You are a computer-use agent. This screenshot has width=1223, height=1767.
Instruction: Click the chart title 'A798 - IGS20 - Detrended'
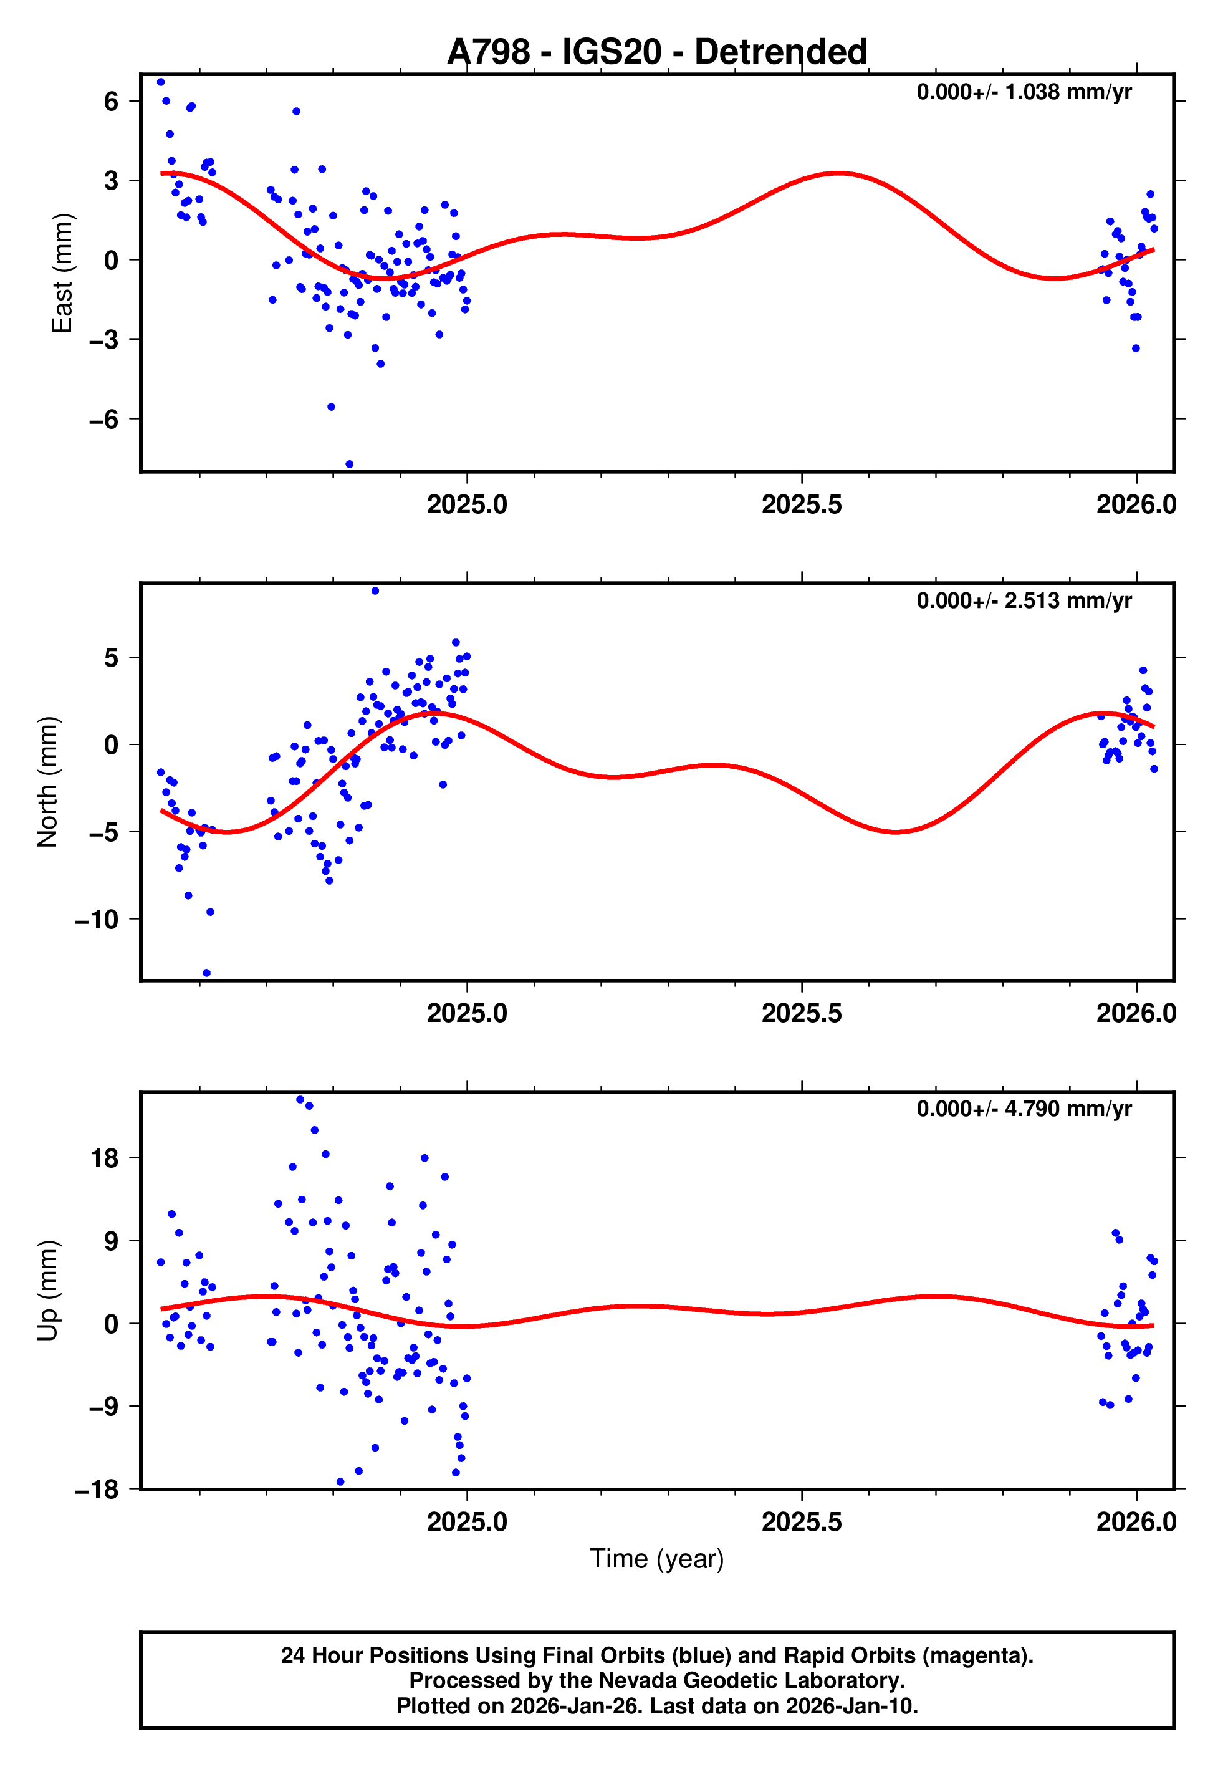tap(657, 52)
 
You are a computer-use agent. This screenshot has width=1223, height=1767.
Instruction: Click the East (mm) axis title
tap(61, 273)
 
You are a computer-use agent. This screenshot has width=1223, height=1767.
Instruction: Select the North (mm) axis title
tap(47, 782)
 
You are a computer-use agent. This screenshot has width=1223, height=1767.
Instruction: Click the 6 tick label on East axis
tap(112, 101)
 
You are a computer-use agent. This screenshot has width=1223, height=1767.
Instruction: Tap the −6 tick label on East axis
tap(103, 419)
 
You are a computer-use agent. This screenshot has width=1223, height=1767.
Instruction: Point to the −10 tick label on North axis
tap(97, 920)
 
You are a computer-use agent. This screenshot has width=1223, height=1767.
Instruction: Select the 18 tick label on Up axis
tap(104, 1158)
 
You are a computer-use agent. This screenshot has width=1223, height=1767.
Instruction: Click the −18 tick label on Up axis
tap(97, 1490)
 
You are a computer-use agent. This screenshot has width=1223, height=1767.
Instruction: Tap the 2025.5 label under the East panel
tap(801, 505)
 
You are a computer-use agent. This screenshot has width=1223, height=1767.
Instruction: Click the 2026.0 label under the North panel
tap(1136, 1014)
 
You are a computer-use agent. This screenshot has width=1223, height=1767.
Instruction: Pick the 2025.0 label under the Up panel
tap(467, 1522)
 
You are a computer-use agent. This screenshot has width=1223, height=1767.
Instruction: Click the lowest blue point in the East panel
tap(350, 465)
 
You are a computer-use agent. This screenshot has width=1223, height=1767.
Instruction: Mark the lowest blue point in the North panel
tap(206, 973)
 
